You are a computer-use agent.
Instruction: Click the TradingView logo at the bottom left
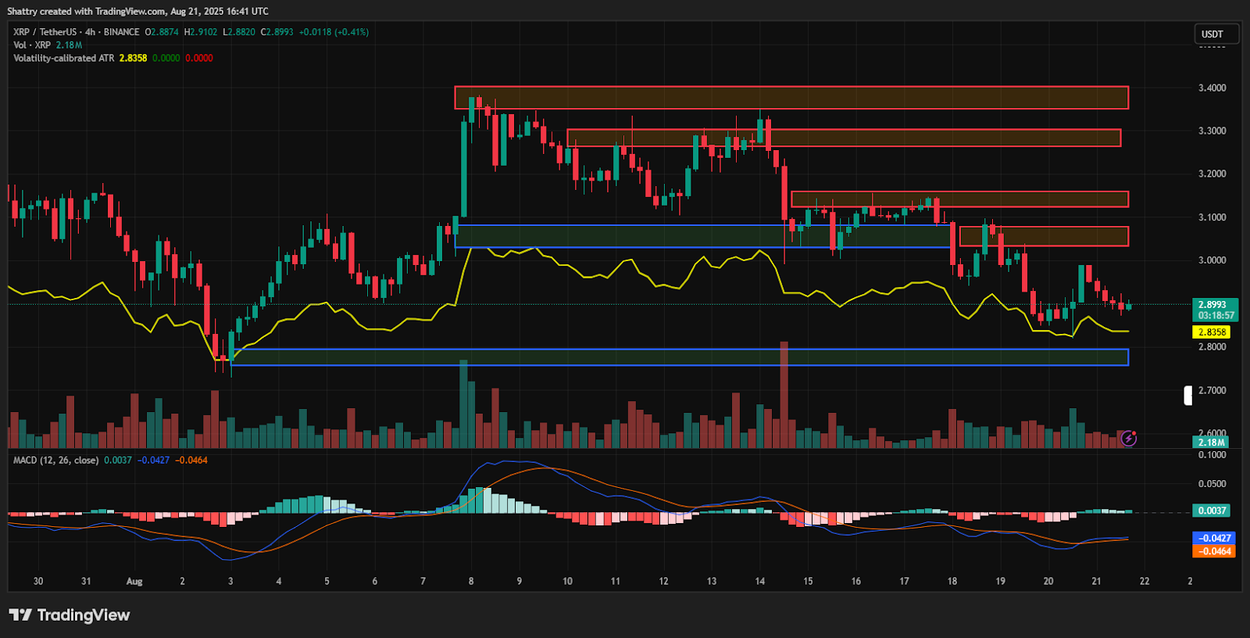click(69, 615)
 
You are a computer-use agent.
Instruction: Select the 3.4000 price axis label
click(1212, 88)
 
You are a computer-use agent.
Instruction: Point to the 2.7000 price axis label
click(1212, 390)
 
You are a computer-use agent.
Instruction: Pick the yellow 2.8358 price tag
click(1212, 332)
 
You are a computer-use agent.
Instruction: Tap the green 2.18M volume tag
click(1211, 443)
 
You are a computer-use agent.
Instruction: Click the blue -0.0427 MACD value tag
click(1214, 538)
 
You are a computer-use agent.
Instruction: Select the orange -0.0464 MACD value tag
click(1214, 551)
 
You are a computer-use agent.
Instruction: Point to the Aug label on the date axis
click(134, 581)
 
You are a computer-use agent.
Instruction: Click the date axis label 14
click(760, 581)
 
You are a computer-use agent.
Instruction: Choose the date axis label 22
click(1145, 581)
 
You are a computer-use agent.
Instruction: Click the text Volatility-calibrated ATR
click(63, 58)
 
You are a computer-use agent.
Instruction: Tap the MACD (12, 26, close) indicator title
click(55, 461)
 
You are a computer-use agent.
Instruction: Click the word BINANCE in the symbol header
click(121, 32)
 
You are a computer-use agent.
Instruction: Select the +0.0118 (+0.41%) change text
click(334, 32)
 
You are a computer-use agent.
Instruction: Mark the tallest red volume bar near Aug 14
click(784, 395)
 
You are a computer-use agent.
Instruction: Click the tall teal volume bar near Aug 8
click(463, 404)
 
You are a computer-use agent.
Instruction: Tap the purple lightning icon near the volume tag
click(1128, 439)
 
